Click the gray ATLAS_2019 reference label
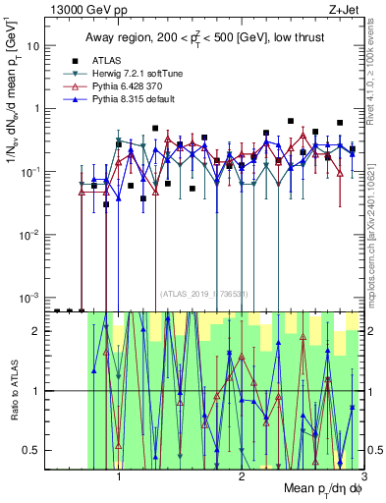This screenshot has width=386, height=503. tap(205, 294)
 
